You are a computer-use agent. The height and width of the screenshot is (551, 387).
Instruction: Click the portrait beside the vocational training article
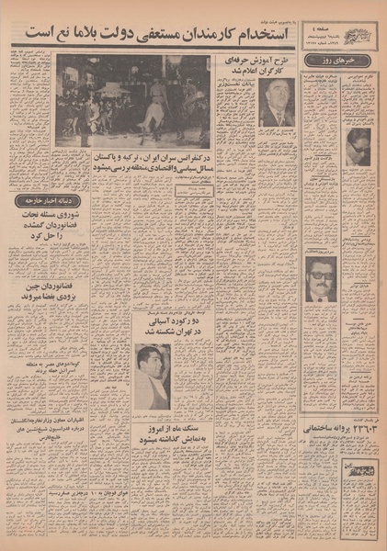click(x=276, y=103)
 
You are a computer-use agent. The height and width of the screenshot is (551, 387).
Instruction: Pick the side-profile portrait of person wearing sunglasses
click(x=358, y=148)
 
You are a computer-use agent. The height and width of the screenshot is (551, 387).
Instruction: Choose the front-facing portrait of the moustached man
click(x=323, y=278)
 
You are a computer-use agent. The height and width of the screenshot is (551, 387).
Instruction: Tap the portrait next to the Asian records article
click(x=152, y=377)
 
